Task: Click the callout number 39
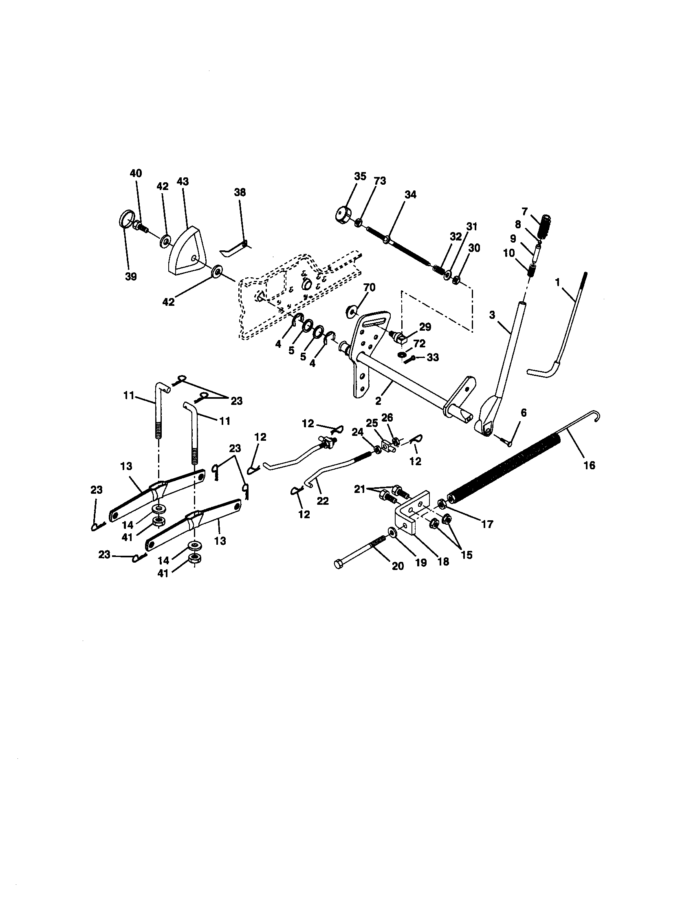pyautogui.click(x=131, y=276)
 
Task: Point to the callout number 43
pyautogui.click(x=183, y=181)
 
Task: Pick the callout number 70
pyautogui.click(x=369, y=287)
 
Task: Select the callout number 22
pyautogui.click(x=323, y=501)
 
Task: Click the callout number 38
pyautogui.click(x=240, y=192)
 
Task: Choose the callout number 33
pyautogui.click(x=433, y=358)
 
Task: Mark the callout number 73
pyautogui.click(x=380, y=181)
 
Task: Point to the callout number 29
pyautogui.click(x=425, y=327)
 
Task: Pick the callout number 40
pyautogui.click(x=136, y=173)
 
